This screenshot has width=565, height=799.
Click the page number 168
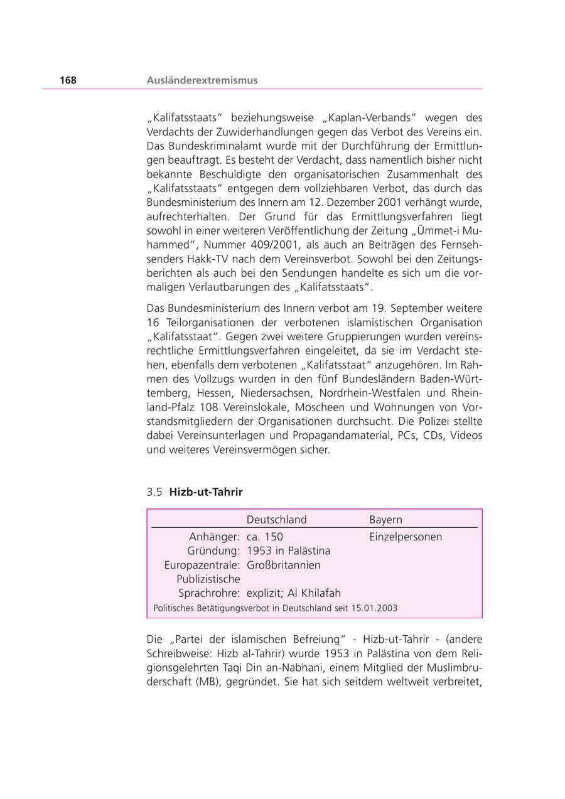(68, 80)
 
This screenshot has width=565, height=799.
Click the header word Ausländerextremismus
(202, 80)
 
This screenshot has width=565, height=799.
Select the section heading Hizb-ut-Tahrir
(206, 492)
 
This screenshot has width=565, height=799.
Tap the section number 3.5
(155, 492)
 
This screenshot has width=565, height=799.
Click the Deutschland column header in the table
(276, 520)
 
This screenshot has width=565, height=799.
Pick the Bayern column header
(385, 520)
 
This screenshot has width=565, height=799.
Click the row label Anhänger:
(214, 537)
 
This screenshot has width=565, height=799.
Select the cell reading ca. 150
(264, 537)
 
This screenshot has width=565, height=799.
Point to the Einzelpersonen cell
(406, 537)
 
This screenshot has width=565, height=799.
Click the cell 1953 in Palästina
(288, 550)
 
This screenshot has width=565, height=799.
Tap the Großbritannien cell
(283, 565)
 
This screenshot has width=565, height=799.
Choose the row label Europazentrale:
(202, 565)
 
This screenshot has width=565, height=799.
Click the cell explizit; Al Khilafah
(293, 593)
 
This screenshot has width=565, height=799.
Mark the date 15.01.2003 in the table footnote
(374, 608)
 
